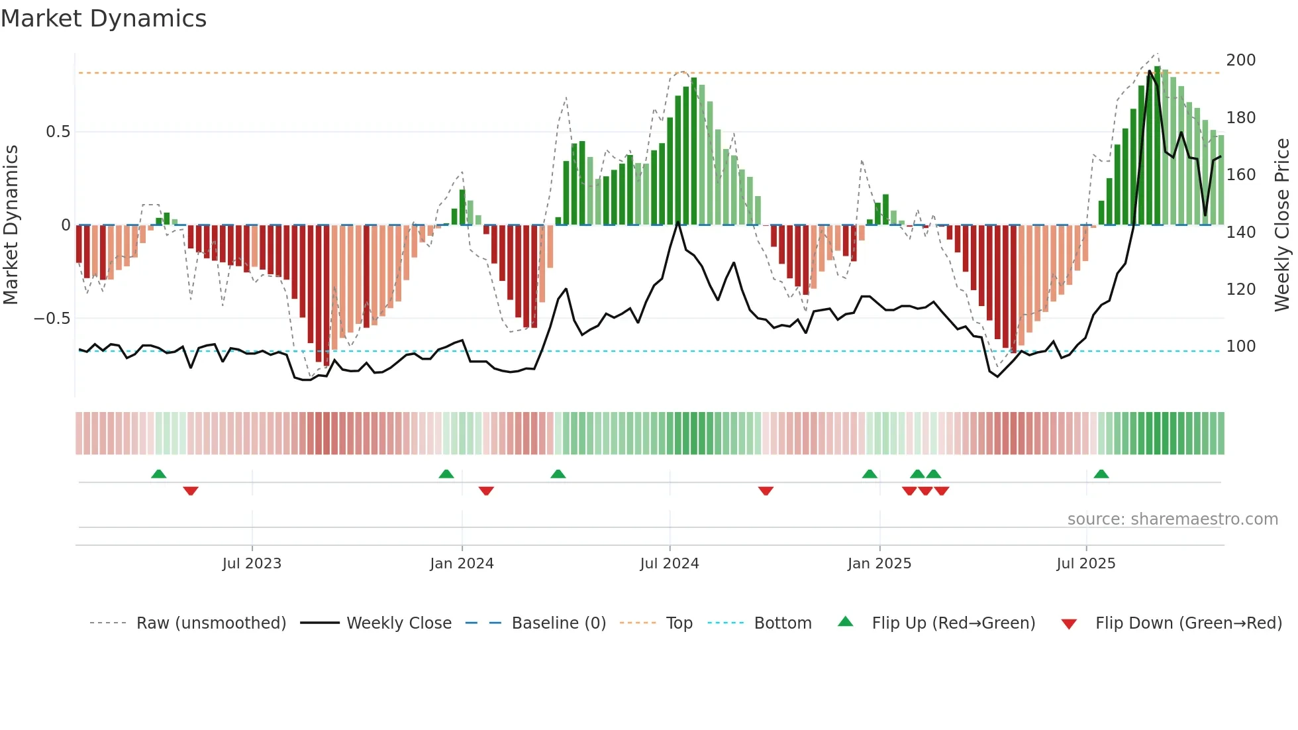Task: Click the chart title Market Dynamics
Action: tap(103, 19)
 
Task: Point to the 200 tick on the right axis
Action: tap(1240, 60)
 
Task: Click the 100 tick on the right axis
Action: tap(1240, 346)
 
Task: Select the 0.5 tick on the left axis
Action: tap(58, 132)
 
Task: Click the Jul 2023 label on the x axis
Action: tap(252, 564)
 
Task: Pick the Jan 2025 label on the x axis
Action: tap(879, 564)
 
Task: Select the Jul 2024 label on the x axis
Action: tap(669, 564)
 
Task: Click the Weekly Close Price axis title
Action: tap(1282, 225)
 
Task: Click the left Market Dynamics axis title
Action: tap(11, 225)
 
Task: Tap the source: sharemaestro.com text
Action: tap(1172, 519)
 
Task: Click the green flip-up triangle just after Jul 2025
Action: tap(1101, 474)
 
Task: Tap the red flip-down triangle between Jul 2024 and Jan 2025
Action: tap(766, 491)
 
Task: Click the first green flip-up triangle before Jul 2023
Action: tap(158, 474)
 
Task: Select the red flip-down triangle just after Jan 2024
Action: tap(486, 491)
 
